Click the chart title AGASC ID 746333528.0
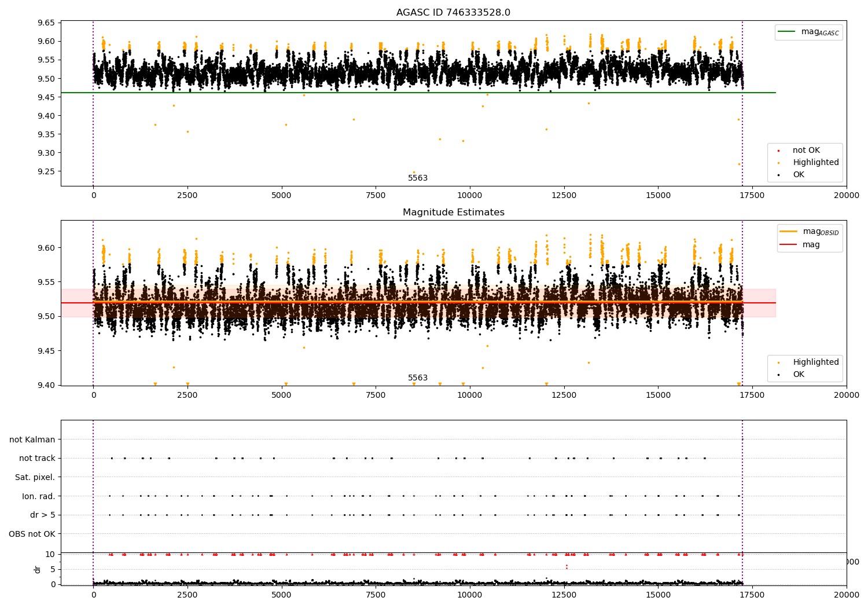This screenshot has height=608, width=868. (453, 12)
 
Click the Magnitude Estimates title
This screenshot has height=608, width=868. (453, 212)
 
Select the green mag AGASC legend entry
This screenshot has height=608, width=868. (809, 32)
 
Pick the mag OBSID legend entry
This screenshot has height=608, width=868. (810, 232)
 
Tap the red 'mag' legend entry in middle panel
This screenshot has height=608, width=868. (800, 244)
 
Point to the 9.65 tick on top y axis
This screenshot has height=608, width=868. (46, 23)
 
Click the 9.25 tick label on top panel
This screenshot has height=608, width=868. (46, 171)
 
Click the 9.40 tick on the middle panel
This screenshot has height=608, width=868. (46, 385)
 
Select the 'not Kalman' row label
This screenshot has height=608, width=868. (32, 439)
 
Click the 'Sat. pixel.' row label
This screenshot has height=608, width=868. (35, 477)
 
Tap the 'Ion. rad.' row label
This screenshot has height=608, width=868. (38, 496)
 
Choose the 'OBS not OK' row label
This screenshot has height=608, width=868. (32, 534)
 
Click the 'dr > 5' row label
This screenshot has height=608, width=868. (43, 515)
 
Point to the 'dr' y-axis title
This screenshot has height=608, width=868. (37, 569)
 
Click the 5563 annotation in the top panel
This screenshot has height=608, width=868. (418, 178)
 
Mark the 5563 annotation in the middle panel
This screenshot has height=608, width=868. (418, 378)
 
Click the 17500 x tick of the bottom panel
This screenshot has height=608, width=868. (752, 595)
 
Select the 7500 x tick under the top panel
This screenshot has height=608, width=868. (376, 196)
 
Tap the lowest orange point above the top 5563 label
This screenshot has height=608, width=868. (414, 172)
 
